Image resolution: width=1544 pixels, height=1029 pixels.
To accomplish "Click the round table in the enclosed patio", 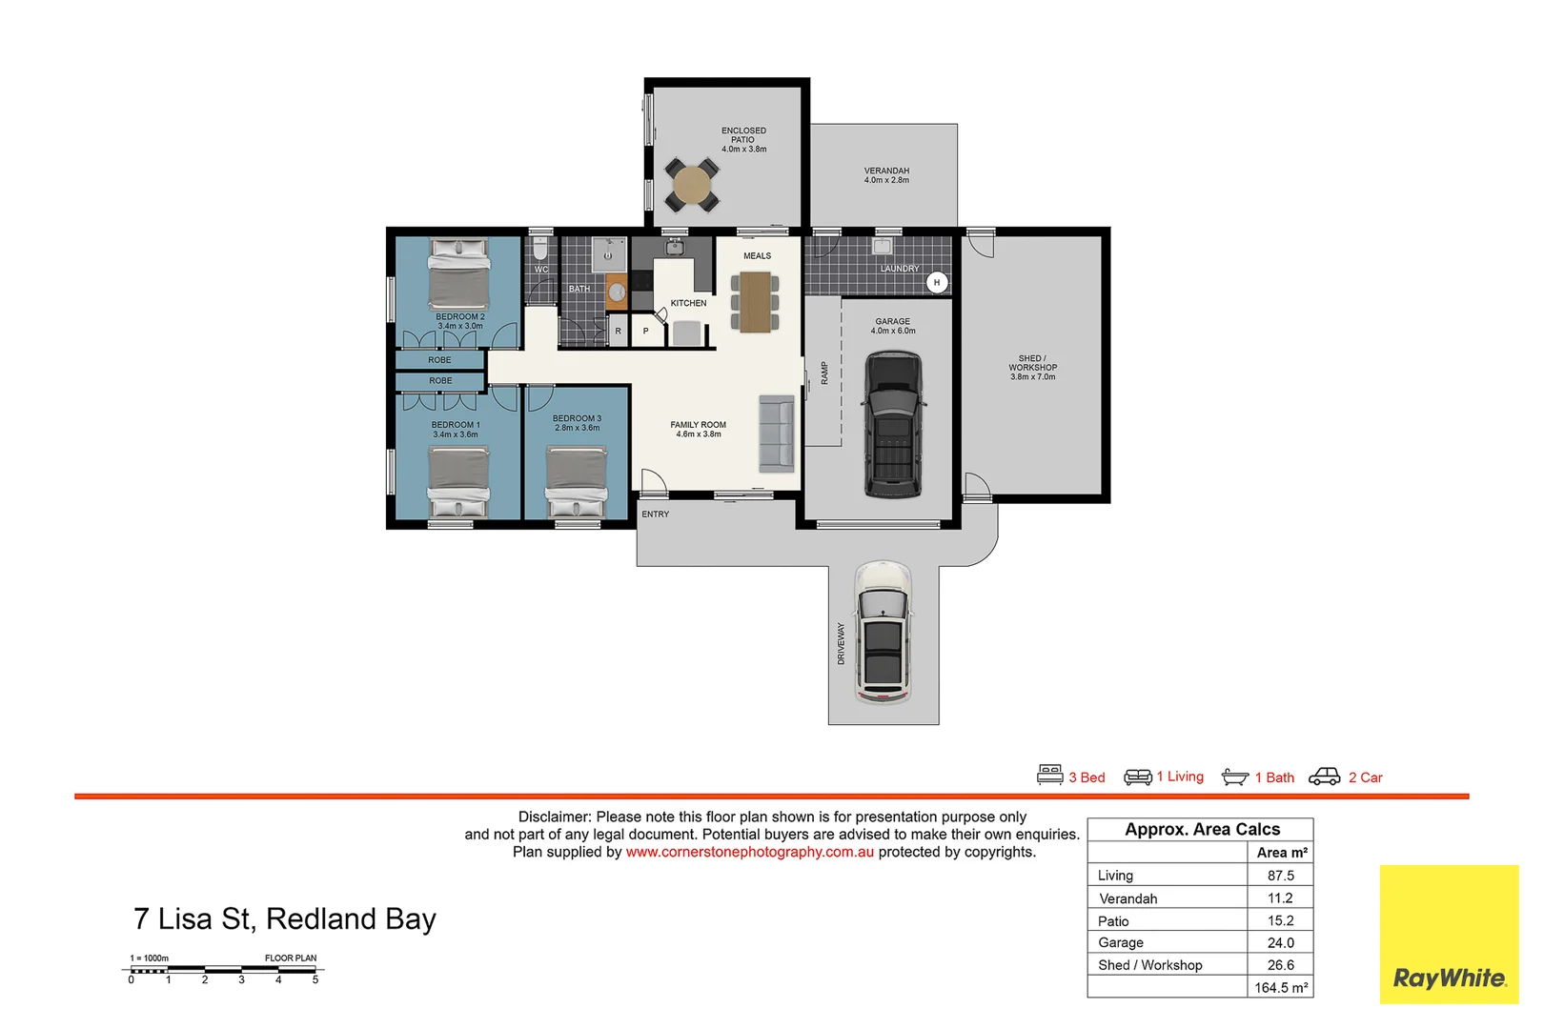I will (x=691, y=183).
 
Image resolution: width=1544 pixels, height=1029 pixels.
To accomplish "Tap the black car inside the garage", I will (x=893, y=424).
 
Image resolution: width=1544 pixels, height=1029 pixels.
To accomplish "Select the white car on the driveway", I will (x=884, y=632).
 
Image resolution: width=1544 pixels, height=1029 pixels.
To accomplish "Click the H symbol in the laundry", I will (x=937, y=283).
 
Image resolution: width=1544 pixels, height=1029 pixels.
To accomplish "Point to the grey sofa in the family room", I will (x=777, y=434).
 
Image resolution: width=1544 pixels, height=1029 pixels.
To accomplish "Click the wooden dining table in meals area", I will (x=755, y=302).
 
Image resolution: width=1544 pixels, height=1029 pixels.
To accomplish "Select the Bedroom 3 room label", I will (x=577, y=423).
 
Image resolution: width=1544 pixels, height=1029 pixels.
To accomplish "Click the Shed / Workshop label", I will (x=1033, y=368).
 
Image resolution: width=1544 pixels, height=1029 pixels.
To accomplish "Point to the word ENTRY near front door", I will (x=656, y=514).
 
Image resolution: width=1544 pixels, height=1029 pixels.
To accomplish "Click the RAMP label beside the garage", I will (x=824, y=373).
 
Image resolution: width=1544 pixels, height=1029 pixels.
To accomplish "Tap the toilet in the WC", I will (x=540, y=251).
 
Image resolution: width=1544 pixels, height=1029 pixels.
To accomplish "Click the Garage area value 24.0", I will (x=1280, y=942).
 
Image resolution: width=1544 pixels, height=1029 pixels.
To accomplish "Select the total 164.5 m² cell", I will (x=1280, y=988).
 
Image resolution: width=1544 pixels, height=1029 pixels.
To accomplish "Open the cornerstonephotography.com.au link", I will (x=749, y=852).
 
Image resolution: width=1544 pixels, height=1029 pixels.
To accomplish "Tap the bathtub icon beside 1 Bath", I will (x=1235, y=777).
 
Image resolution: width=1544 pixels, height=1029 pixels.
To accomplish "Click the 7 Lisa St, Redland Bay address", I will (x=285, y=918).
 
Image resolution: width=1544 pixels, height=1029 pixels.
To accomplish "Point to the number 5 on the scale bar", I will (x=315, y=979).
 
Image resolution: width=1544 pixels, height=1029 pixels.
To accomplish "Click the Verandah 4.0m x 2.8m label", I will (x=886, y=175).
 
